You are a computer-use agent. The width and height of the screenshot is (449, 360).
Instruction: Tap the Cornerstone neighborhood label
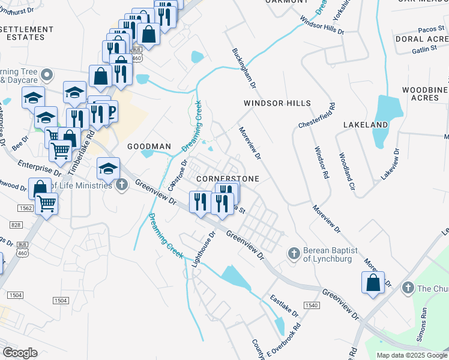tap(228, 179)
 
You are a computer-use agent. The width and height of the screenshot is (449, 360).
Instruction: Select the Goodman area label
tap(149, 146)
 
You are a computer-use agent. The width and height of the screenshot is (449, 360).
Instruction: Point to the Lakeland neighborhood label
tap(366, 124)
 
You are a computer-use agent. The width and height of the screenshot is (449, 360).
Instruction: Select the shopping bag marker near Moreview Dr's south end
tap(373, 283)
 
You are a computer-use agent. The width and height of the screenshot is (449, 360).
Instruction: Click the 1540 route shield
tap(311, 305)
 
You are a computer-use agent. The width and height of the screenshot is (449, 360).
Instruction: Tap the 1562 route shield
tap(25, 208)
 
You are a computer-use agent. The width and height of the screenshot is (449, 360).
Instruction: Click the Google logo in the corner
tap(20, 353)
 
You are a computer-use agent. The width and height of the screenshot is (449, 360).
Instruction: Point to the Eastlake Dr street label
tap(284, 306)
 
